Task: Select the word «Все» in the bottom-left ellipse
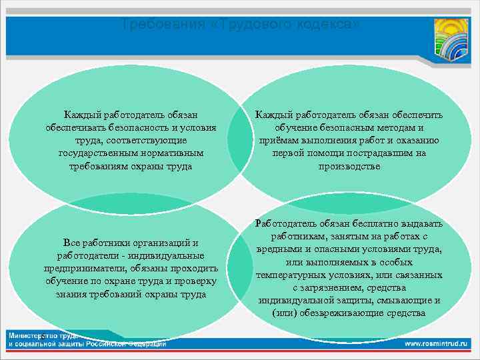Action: tap(71, 242)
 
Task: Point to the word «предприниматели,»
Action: tap(87, 268)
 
